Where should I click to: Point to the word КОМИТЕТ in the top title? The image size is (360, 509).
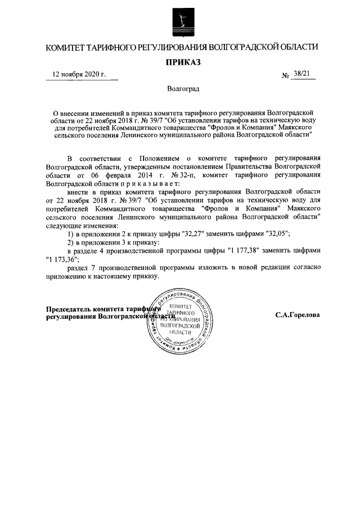tap(65, 47)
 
